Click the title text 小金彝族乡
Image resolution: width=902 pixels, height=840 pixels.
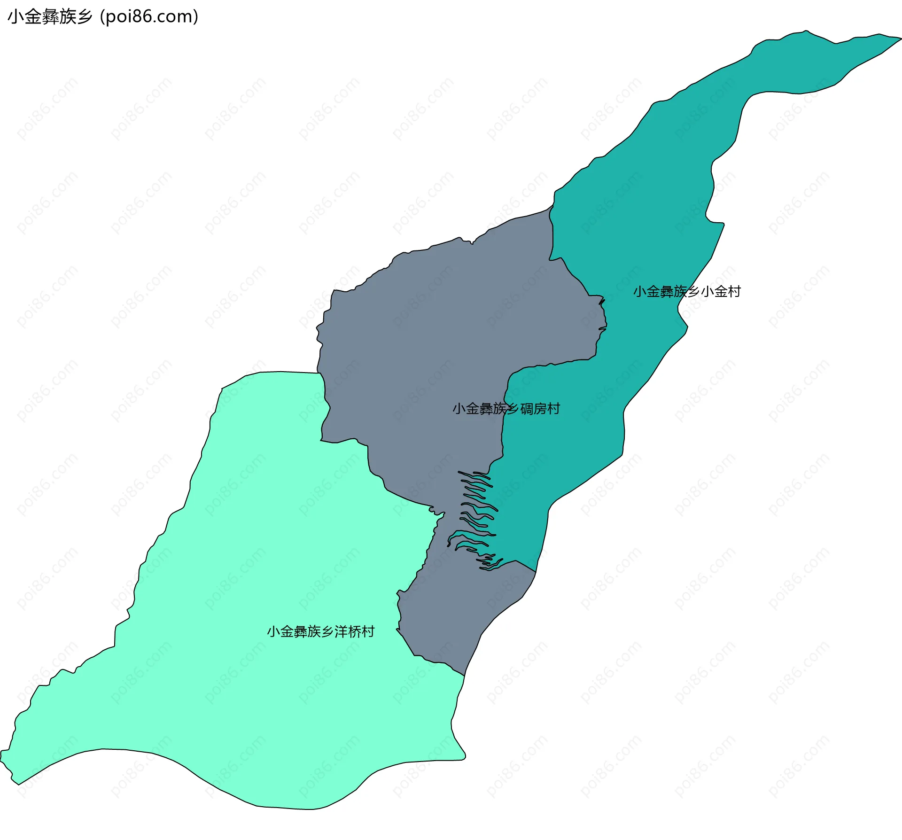50,17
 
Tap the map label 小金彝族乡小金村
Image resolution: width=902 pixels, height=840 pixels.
687,292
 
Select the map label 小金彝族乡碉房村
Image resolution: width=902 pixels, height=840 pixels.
506,409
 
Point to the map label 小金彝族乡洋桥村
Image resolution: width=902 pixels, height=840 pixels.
320,631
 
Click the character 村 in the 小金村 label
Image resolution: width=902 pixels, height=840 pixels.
734,292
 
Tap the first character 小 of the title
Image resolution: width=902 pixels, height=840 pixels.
14,17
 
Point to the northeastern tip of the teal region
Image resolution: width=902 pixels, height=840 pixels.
899,39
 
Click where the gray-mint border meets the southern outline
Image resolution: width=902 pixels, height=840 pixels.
464,676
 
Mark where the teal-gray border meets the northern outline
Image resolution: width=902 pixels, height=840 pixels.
552,206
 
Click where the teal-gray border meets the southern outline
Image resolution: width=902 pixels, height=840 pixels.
536,572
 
